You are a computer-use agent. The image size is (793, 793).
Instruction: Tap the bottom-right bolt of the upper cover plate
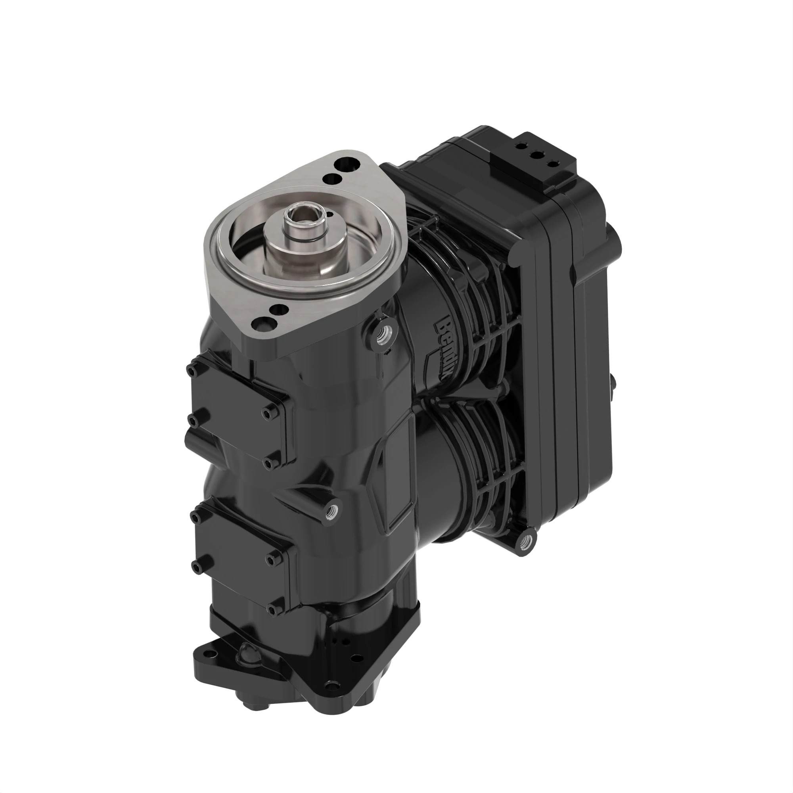point(269,464)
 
